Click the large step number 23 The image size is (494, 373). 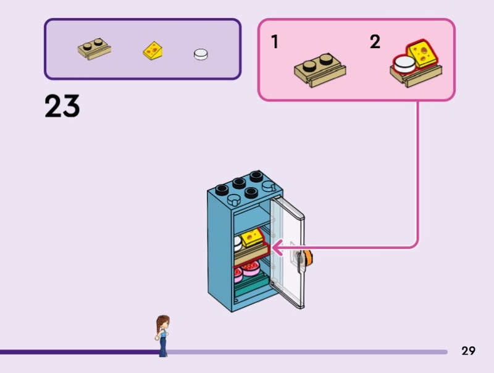tap(62, 106)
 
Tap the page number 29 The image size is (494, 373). tap(468, 351)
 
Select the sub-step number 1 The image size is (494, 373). tap(274, 42)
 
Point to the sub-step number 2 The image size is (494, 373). tap(375, 42)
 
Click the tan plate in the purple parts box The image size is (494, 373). tap(94, 49)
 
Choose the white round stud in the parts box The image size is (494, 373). tap(201, 54)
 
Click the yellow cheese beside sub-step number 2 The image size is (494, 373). tap(422, 54)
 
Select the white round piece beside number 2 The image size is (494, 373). tap(404, 64)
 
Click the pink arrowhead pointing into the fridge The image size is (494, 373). tap(275, 248)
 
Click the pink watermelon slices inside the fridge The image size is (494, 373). tap(246, 270)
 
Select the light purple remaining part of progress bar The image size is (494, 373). tap(309, 352)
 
